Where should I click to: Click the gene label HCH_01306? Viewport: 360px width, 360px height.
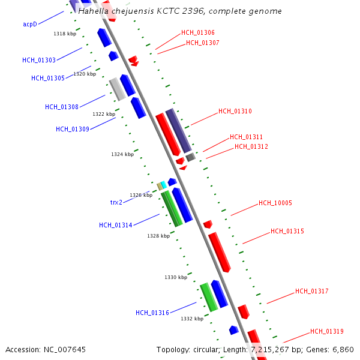197,32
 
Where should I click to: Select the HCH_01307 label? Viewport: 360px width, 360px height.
202,43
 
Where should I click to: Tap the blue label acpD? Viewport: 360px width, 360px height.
30,24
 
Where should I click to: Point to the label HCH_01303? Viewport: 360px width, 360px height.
39,60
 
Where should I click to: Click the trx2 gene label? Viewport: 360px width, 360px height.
116,202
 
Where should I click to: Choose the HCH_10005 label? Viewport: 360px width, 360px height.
275,203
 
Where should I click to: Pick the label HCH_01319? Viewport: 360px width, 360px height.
326,331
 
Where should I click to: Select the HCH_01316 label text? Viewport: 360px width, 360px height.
152,312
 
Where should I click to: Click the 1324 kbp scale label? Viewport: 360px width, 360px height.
122,154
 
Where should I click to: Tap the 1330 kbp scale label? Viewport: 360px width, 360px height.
176,277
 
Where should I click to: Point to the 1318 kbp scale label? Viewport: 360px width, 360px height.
65,34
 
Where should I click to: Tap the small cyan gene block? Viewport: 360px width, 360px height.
164,184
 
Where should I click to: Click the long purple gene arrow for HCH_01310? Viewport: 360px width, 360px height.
178,130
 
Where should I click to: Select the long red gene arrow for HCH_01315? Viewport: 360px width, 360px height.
219,251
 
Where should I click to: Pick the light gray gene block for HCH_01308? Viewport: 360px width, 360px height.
117,89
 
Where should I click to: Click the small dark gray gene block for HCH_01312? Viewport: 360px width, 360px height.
190,157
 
